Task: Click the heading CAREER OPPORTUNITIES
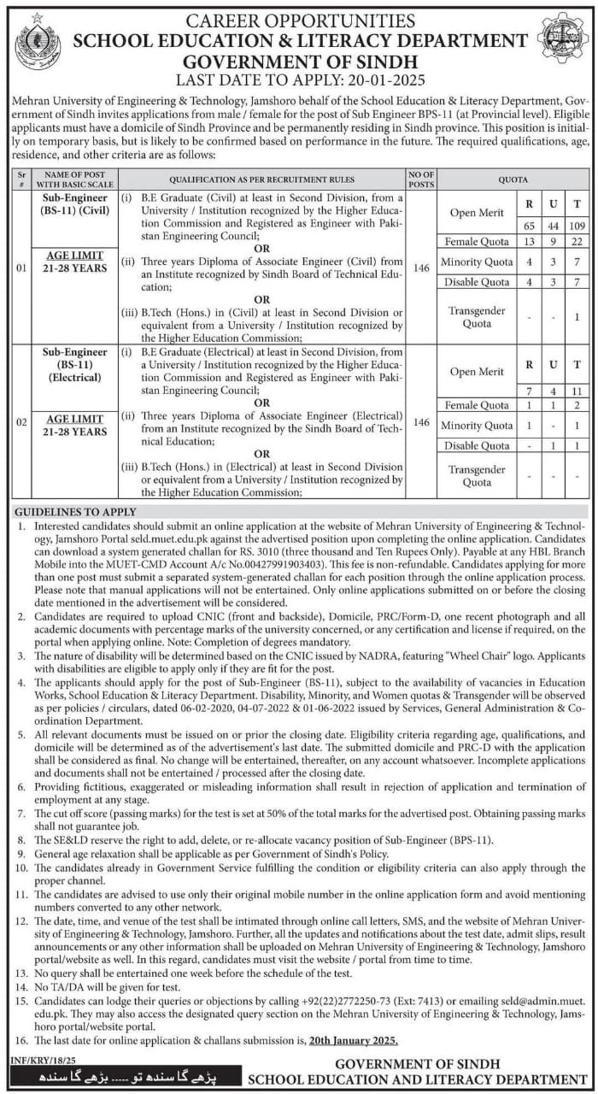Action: tap(300, 20)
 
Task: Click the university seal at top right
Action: tap(561, 38)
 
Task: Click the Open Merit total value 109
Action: tap(577, 223)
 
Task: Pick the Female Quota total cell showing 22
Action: tap(577, 242)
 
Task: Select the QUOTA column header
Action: tap(513, 180)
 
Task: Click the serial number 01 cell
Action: tap(22, 268)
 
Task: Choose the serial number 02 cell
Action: tap(22, 422)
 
